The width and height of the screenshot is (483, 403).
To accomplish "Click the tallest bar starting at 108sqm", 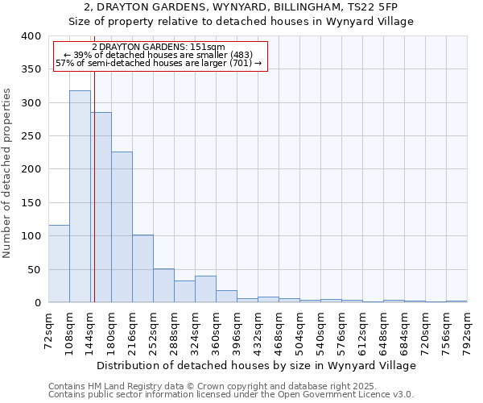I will pos(80,197).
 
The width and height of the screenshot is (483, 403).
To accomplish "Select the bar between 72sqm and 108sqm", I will pos(59,264).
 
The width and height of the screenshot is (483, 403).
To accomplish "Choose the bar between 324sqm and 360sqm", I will pos(205,289).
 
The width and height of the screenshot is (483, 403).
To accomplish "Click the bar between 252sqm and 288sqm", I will pos(163,285).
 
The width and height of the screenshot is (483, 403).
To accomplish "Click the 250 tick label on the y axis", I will pos(31,136).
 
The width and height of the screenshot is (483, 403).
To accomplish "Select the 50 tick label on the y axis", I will pos(33,269).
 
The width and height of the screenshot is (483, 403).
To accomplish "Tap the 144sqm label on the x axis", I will pos(90,330).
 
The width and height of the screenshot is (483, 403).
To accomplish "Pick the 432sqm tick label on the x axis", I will pos(258,330).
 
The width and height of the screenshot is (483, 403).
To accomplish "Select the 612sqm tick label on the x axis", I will pos(362,330).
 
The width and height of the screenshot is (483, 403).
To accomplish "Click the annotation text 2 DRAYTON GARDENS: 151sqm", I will pos(159,47).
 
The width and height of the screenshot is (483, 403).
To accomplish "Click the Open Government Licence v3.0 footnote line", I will pos(231,395).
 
